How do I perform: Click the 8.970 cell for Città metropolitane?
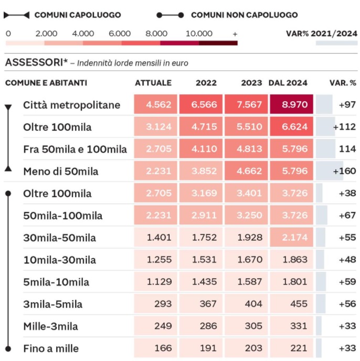click(x=291, y=104)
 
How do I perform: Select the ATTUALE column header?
click(x=153, y=83)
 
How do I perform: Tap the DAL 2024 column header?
click(x=288, y=83)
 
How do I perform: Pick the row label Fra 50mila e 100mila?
click(x=75, y=149)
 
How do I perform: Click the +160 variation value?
click(x=344, y=171)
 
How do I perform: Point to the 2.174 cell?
click(x=291, y=237)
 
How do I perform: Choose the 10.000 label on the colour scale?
click(x=199, y=34)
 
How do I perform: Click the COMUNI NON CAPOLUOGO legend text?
click(x=245, y=15)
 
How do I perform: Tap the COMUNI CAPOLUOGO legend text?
click(x=78, y=15)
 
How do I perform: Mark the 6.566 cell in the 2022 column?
click(x=201, y=104)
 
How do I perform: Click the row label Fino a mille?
click(x=51, y=348)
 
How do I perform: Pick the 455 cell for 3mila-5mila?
click(x=291, y=304)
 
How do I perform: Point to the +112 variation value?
click(x=344, y=127)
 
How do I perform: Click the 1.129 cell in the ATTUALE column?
click(x=155, y=282)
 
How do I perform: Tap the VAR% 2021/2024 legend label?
click(x=322, y=34)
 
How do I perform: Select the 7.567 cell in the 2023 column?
click(x=246, y=104)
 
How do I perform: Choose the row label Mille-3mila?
click(x=51, y=326)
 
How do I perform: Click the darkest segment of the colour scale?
click(x=218, y=43)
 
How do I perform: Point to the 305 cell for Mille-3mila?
click(x=246, y=326)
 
